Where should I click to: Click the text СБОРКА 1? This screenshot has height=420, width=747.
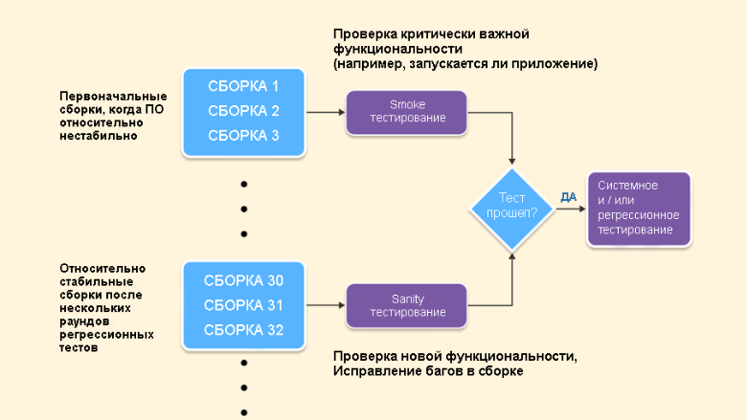[243, 85]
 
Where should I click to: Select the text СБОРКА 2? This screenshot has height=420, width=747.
[243, 110]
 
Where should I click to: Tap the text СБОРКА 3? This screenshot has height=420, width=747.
[243, 136]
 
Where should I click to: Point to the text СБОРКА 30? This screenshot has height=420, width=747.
[243, 280]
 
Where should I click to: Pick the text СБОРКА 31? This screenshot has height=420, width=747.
[243, 305]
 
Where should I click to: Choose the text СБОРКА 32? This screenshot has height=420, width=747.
[243, 330]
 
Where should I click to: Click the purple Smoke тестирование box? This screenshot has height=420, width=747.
[406, 111]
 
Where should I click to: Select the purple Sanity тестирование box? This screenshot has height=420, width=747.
[407, 305]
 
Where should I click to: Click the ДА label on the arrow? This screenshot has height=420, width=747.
[568, 197]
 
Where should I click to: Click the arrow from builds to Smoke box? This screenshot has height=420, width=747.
[325, 112]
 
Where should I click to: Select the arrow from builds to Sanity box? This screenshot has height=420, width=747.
[325, 306]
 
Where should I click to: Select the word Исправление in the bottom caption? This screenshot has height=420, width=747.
[376, 371]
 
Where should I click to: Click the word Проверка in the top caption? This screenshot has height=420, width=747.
[362, 33]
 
